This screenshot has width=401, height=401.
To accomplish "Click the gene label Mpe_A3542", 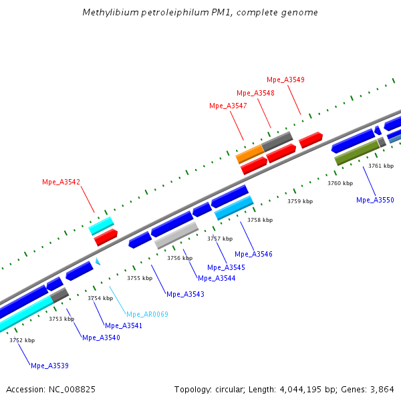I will coord(61,182).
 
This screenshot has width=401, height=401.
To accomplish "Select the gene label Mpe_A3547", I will coord(228,106).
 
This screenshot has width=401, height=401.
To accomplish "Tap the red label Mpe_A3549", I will coord(285,80).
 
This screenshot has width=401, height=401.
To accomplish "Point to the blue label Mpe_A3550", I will coord(375,200).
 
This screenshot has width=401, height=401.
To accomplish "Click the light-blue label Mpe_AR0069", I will coord(147,314).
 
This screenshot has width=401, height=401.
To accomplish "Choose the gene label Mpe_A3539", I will coord(49,366).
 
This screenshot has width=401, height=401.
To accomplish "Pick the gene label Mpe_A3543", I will coord(185,294).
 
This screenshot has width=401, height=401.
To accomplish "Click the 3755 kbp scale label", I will coord(140,277).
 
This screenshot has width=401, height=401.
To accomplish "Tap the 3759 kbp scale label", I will coord(300,201).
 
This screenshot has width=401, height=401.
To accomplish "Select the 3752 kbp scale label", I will coord(22,340).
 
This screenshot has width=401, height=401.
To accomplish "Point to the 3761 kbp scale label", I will coord(381,166).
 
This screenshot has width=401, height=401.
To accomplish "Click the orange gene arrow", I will coord(250,154).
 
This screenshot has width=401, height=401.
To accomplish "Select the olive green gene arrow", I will coord(356,152).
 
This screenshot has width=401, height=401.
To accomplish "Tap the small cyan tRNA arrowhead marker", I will coord(98,262).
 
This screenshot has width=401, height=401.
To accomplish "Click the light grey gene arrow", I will coord(176,235).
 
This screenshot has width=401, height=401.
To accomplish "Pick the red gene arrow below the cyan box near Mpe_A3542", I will coord(106,236).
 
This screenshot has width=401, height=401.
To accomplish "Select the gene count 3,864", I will coord(381,389).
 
